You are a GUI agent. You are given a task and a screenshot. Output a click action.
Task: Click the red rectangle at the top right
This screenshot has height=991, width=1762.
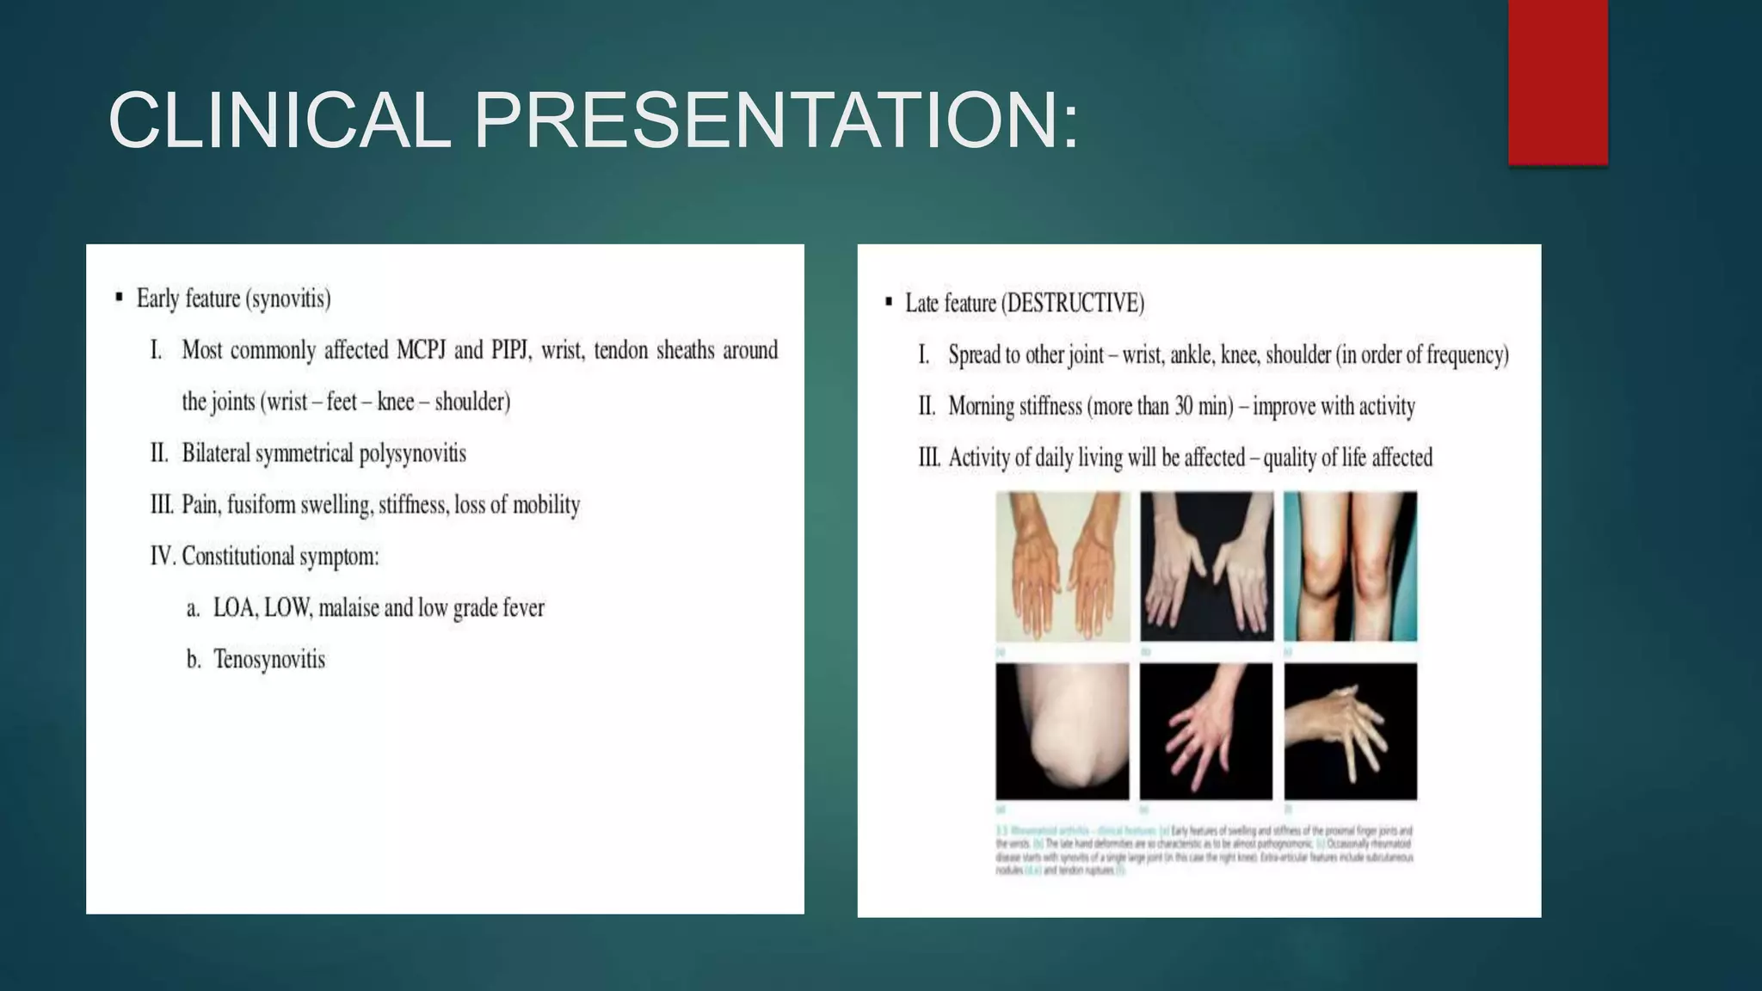coord(1557,82)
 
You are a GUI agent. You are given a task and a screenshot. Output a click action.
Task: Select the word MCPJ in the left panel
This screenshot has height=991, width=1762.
coord(420,350)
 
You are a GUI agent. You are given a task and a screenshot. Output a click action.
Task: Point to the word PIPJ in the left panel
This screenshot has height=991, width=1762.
coord(509,350)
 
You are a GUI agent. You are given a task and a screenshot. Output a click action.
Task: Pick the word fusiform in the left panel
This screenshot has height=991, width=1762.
coord(262,505)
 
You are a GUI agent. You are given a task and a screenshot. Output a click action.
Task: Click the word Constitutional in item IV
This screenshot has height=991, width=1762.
coord(235,557)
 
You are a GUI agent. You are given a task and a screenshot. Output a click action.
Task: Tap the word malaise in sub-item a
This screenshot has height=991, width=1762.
coord(348,608)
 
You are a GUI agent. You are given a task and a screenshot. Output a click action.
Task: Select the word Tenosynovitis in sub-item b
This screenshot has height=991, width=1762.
coord(269,660)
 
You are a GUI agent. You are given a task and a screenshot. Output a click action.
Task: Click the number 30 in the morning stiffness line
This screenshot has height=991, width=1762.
coord(1184,406)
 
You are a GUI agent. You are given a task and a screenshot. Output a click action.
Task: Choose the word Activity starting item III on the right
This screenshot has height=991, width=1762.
coord(978,458)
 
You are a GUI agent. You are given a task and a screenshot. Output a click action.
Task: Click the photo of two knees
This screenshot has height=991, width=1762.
coord(1350,566)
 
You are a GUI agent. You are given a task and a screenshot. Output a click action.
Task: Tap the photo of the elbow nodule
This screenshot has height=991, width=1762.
coord(1062,731)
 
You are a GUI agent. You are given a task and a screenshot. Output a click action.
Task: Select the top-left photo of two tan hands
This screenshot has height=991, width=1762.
coord(1063,566)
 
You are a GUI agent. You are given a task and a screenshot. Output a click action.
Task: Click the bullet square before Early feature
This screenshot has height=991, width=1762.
coord(119,299)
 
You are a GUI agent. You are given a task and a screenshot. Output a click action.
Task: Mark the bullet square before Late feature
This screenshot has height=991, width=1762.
coord(889,302)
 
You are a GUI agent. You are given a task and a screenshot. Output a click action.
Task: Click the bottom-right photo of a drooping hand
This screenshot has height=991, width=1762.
coord(1350,731)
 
